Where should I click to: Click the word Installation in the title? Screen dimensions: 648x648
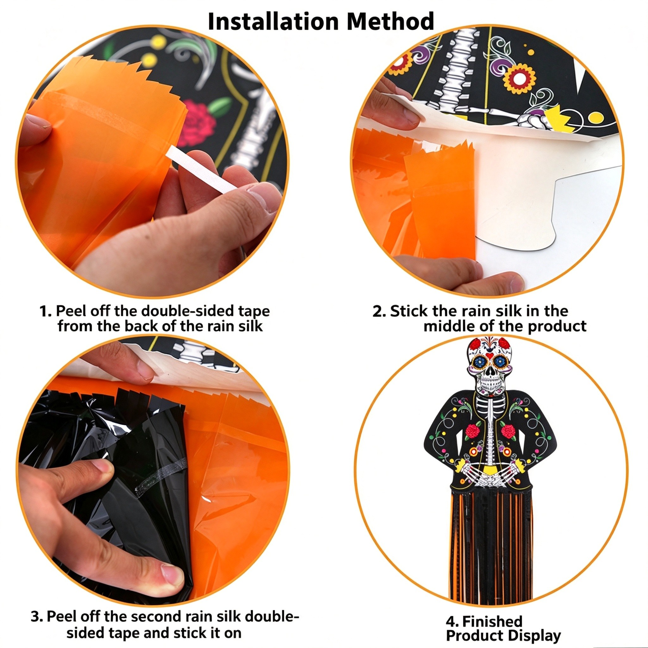pos(273,21)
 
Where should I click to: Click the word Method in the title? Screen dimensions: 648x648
pos(390,21)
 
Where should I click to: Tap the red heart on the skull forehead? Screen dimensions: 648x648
pos(490,355)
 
